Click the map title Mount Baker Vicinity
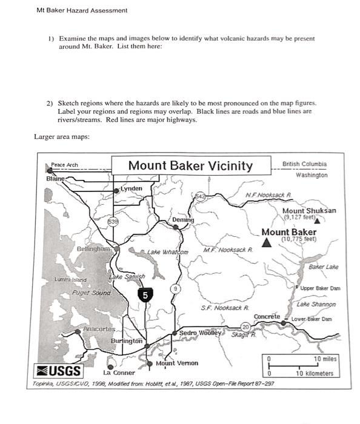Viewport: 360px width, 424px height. (190, 166)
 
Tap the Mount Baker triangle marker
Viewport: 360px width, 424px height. (266, 242)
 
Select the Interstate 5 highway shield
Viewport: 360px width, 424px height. (145, 295)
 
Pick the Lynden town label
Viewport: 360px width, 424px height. (132, 188)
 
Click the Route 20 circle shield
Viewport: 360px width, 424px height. (246, 328)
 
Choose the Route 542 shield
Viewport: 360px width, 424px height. (201, 196)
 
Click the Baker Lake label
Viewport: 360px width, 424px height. (323, 267)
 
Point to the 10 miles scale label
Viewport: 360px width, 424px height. (325, 359)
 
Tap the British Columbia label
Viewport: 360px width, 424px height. (304, 164)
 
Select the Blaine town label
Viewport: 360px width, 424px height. (55, 179)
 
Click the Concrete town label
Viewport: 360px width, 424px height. (267, 317)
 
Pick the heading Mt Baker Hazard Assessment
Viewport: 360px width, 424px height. (82, 10)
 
